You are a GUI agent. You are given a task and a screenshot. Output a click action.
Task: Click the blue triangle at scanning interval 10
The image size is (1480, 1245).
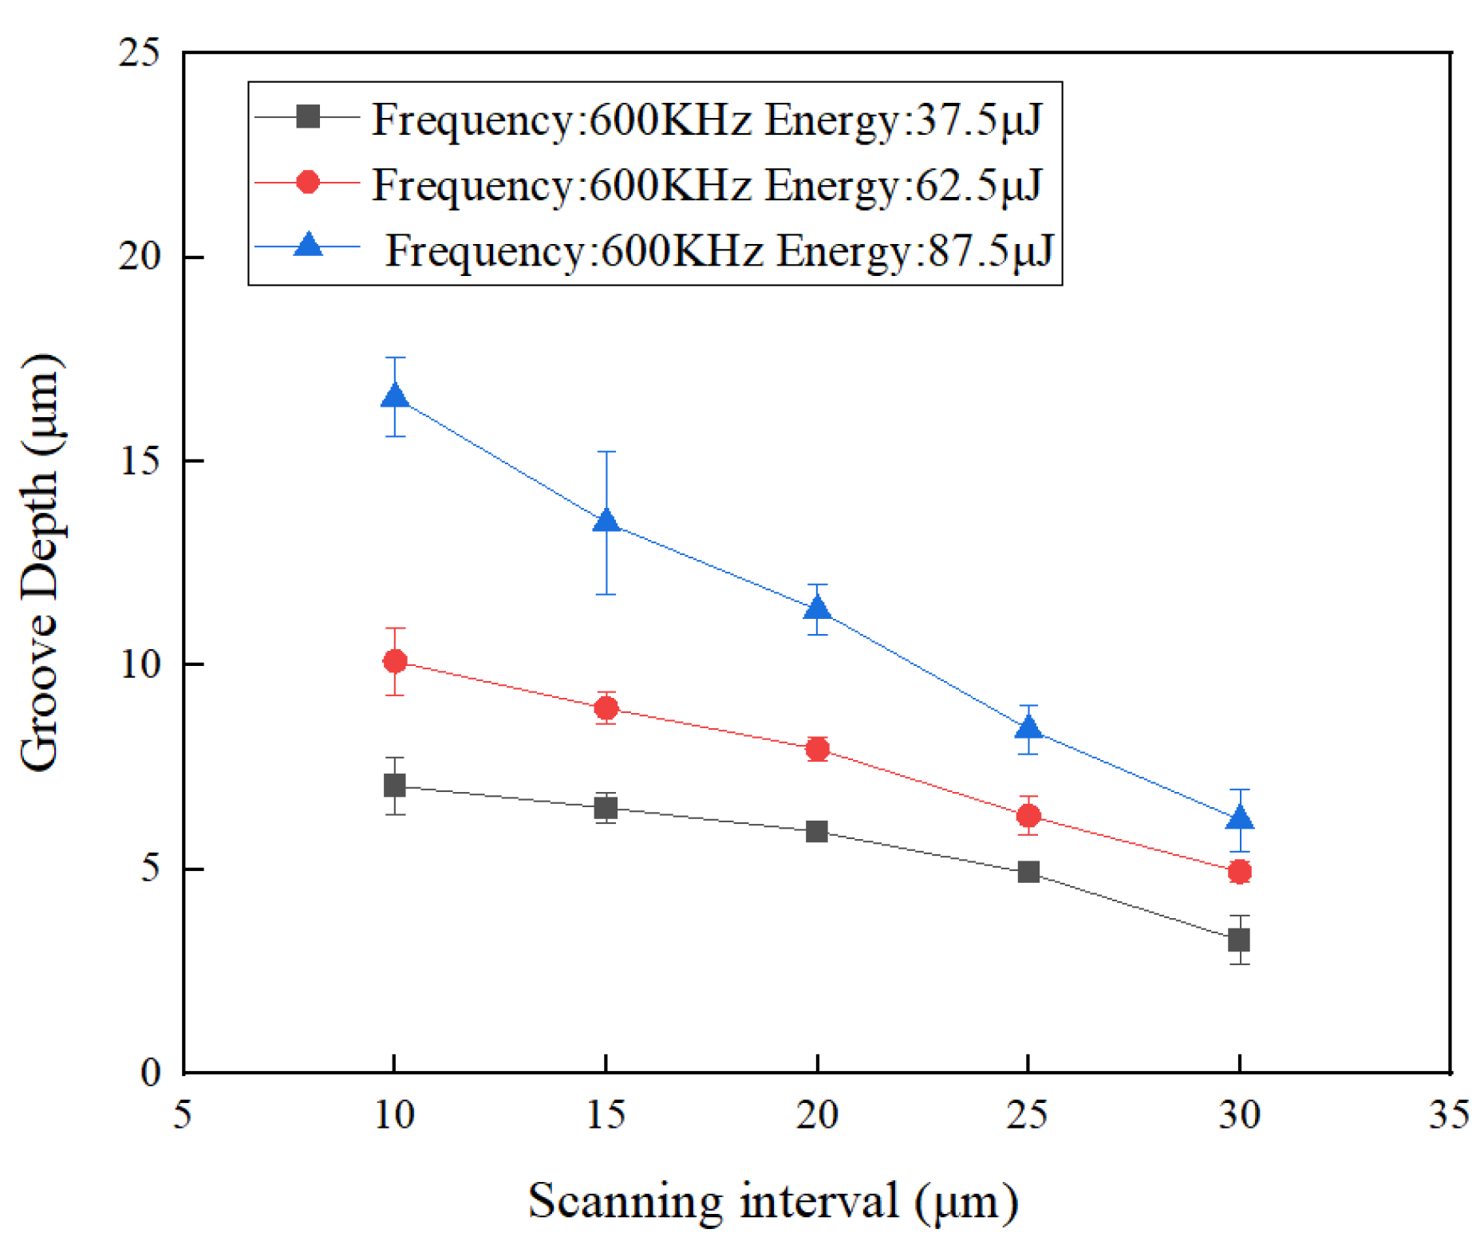pyautogui.click(x=394, y=396)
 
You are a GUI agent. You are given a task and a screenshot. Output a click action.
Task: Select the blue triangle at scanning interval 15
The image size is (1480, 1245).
pyautogui.click(x=606, y=522)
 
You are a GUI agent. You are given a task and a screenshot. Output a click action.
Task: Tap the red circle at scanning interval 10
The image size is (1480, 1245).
pyautogui.click(x=394, y=661)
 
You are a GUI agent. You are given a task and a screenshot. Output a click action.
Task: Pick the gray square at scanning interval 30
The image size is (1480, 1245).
pyautogui.click(x=1238, y=940)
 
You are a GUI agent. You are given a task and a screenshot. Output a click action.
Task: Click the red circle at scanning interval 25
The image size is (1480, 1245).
pyautogui.click(x=1028, y=816)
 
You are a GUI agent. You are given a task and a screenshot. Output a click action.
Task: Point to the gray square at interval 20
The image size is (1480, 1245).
pyautogui.click(x=816, y=832)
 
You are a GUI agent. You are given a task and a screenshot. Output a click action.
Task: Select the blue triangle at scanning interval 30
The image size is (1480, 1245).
pyautogui.click(x=1238, y=819)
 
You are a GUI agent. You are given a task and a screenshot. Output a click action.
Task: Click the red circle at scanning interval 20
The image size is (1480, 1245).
pyautogui.click(x=816, y=749)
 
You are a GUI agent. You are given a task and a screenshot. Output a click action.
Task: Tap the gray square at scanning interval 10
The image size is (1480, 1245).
pyautogui.click(x=394, y=786)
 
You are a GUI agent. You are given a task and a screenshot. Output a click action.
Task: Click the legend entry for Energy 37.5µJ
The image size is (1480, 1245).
pyautogui.click(x=706, y=120)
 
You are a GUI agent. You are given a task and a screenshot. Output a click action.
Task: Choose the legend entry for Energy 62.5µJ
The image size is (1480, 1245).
pyautogui.click(x=706, y=185)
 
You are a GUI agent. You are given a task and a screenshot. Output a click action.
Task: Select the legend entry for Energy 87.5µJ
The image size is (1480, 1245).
pyautogui.click(x=718, y=250)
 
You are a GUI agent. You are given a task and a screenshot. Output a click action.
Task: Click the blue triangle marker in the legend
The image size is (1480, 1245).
pyautogui.click(x=308, y=245)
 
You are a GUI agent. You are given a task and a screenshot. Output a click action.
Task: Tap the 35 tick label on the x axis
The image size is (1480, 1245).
pyautogui.click(x=1448, y=1113)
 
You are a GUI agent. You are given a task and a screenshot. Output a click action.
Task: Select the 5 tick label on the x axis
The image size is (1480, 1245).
pyautogui.click(x=183, y=1113)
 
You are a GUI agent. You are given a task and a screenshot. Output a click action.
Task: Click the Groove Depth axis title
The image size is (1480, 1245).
pyautogui.click(x=40, y=562)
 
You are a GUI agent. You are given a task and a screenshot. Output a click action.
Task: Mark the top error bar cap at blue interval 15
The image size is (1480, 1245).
pyautogui.click(x=606, y=452)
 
